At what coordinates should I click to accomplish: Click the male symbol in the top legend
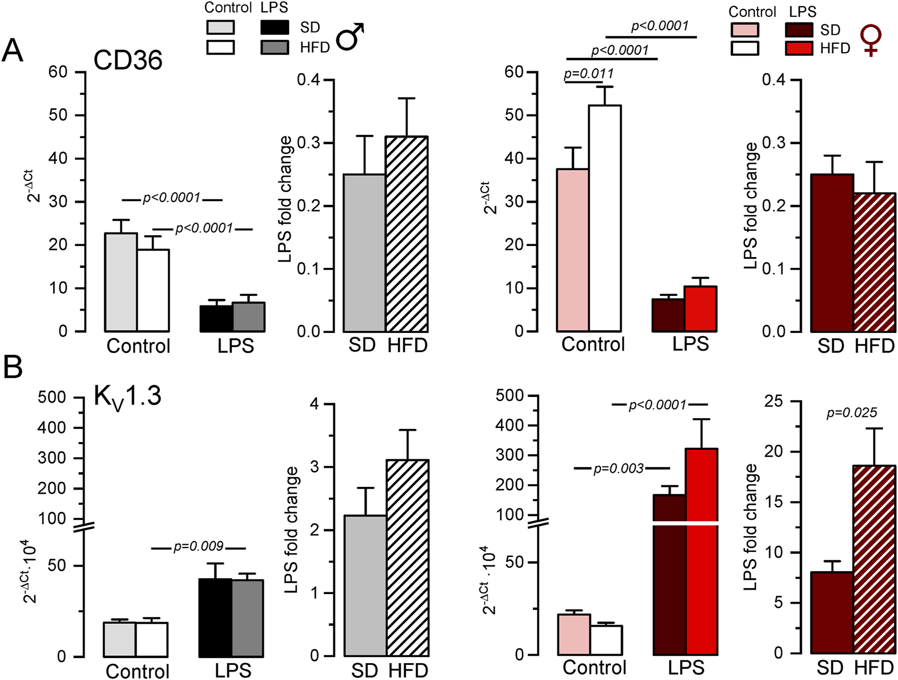[x=350, y=37]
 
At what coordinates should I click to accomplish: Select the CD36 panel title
[x=128, y=60]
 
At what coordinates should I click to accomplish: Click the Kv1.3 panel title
[x=127, y=396]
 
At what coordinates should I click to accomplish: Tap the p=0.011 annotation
[x=589, y=74]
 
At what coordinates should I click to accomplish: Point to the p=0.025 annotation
[x=851, y=413]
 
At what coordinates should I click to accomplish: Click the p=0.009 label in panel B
[x=198, y=546]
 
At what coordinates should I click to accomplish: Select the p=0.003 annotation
[x=618, y=468]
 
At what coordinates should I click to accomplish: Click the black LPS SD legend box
[x=275, y=27]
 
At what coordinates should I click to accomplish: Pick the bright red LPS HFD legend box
[x=799, y=48]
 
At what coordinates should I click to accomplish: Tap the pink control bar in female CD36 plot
[x=573, y=250]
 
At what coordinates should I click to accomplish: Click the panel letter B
[x=13, y=367]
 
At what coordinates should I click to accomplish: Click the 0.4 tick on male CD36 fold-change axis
[x=308, y=80]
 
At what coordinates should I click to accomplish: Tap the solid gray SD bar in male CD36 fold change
[x=364, y=253]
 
